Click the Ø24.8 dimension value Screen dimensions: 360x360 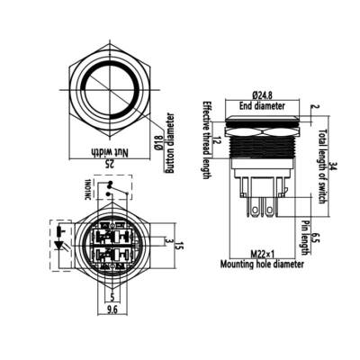click(263, 94)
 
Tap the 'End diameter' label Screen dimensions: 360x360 click(263, 105)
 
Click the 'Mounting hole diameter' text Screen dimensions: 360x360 click(262, 265)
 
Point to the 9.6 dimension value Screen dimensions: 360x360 click(112, 310)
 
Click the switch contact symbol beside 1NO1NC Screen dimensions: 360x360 click(110, 187)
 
